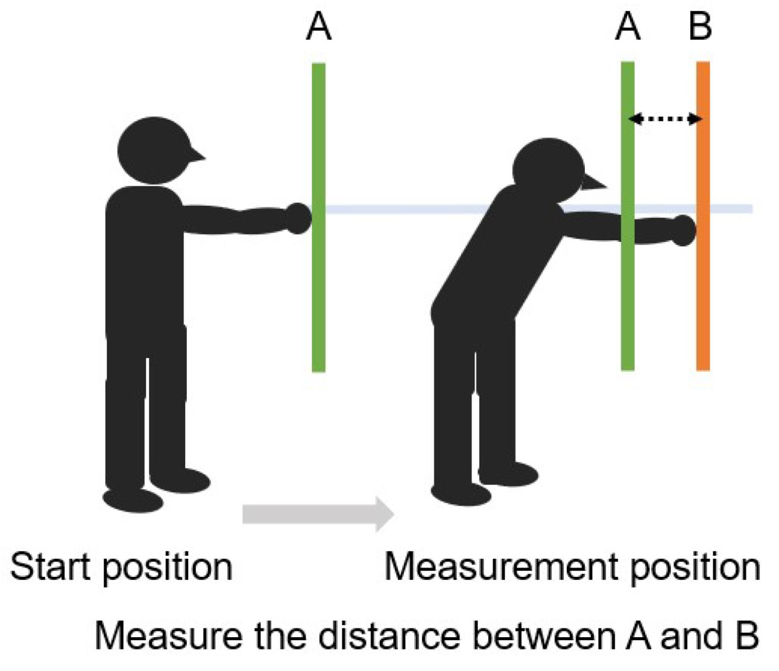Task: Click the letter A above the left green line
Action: click(318, 28)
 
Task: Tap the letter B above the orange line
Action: click(701, 28)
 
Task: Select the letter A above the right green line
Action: click(628, 28)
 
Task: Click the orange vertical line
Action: click(703, 290)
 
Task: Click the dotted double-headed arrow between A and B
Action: click(665, 119)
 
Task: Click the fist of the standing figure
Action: click(298, 218)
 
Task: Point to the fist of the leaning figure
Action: click(683, 230)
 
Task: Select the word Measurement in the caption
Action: click(502, 567)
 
